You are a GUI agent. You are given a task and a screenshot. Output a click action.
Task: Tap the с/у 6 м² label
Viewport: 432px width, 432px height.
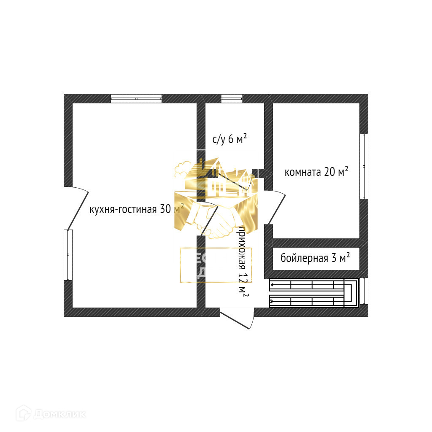[229, 139]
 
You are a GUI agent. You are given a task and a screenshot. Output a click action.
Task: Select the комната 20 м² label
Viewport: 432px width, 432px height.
[316, 172]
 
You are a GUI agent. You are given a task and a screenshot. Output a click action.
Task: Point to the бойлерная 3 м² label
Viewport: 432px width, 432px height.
[315, 258]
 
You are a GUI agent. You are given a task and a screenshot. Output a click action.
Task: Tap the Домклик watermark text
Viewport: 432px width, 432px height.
[59, 414]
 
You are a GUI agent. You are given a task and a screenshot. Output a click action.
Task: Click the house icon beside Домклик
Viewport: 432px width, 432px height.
[23, 413]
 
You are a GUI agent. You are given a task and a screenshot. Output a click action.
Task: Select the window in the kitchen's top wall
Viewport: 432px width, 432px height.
[136, 99]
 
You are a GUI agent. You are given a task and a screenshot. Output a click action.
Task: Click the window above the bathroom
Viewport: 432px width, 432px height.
[232, 99]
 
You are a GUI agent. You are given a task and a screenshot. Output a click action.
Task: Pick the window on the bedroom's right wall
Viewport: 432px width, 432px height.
[364, 166]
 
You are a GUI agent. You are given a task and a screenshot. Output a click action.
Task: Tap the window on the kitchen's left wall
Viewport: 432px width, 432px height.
[68, 254]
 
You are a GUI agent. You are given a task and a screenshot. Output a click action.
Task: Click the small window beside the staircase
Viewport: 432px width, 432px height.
[364, 292]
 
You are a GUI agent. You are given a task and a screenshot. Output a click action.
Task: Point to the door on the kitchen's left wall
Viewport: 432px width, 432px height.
[78, 207]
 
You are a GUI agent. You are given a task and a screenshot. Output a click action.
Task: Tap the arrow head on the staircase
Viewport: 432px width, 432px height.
[273, 284]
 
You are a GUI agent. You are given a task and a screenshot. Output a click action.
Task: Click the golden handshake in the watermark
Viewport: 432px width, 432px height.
[215, 219]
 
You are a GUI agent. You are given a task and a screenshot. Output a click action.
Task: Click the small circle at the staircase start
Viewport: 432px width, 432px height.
[272, 301]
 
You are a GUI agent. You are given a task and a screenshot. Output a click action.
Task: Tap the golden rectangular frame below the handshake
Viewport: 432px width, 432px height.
[216, 265]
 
